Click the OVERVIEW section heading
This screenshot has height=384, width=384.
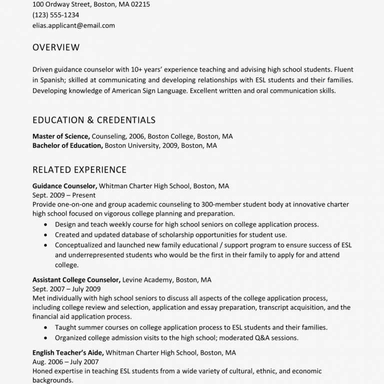click(56, 47)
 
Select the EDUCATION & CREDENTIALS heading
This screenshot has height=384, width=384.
click(94, 120)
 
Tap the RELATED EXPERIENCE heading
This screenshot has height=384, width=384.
click(79, 169)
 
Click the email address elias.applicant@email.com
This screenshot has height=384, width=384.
click(73, 25)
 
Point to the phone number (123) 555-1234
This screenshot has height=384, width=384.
click(55, 15)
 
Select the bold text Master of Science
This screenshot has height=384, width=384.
click(60, 136)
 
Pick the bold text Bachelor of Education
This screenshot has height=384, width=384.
click(67, 145)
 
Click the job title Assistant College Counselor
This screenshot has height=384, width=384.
click(76, 279)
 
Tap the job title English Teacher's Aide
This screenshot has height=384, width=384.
click(68, 352)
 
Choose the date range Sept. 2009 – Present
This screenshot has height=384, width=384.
click(64, 195)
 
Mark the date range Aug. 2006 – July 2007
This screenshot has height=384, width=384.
click(65, 362)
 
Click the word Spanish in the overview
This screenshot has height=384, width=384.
click(53, 80)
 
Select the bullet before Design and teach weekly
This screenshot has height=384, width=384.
click(46, 225)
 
